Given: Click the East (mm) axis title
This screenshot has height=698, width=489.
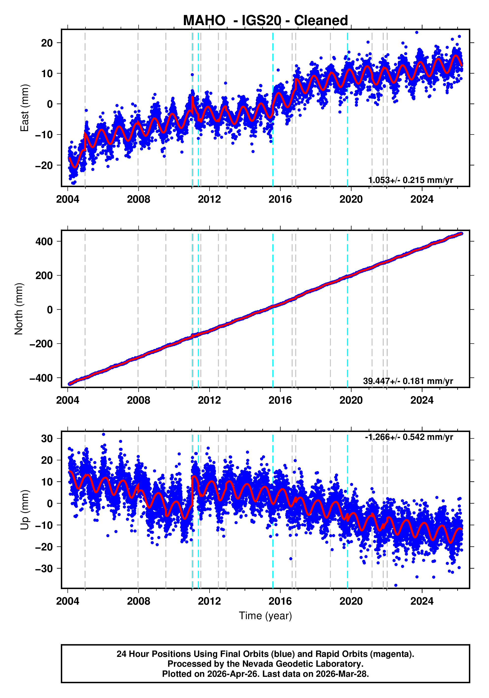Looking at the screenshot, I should [24, 108].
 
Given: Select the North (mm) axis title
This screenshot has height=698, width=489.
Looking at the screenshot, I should [19, 309].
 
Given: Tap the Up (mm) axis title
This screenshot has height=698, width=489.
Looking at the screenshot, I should [24, 510].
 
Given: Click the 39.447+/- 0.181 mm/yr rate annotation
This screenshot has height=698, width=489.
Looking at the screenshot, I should [408, 381].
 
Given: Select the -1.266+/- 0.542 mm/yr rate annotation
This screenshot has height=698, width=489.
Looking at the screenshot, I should [409, 437].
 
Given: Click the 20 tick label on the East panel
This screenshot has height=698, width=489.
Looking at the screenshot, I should [47, 43].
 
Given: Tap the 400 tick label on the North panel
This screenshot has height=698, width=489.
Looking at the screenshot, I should [44, 242].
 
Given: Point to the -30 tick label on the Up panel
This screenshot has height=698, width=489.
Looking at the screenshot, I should [44, 568].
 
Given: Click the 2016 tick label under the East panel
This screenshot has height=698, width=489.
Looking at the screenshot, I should [280, 199].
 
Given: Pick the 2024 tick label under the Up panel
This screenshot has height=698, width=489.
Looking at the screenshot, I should [422, 601].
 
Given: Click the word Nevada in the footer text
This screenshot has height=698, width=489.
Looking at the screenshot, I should [259, 664].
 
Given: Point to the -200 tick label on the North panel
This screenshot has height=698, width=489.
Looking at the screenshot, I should [41, 344].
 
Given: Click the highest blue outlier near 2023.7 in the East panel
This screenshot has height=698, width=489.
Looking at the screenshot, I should [417, 32].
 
